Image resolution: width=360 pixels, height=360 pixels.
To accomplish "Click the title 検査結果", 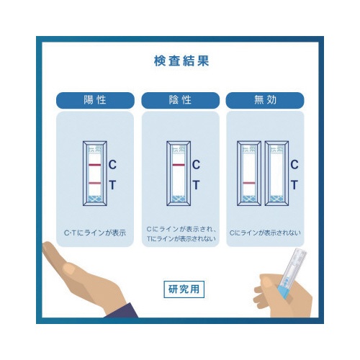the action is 181,60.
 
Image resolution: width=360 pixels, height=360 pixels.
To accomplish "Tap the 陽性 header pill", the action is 95,100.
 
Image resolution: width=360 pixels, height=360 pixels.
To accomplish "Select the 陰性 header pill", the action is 180,100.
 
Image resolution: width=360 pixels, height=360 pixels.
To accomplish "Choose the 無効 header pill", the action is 265,100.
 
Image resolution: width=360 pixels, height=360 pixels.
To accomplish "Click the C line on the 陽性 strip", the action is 95,165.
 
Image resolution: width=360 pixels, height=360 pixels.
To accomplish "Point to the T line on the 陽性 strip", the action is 95,183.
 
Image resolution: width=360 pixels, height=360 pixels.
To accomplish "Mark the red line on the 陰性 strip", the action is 179,165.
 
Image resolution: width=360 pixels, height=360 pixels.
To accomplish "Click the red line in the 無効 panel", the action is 249,183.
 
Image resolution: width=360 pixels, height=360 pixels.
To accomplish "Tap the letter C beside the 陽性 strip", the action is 112,165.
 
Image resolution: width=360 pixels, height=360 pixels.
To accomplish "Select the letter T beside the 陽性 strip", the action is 112,185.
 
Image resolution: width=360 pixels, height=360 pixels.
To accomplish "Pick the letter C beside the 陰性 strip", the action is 196,165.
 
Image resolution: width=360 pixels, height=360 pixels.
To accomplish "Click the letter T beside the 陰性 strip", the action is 196,185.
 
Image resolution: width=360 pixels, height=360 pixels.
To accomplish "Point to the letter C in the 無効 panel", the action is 294,165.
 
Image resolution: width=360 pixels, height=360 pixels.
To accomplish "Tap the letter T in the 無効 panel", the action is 294,185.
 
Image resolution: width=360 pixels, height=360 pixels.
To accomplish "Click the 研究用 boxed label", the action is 184,289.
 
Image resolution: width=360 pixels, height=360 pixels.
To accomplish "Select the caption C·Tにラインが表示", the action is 95,233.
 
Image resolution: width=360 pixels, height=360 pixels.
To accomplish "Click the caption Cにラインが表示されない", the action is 265,233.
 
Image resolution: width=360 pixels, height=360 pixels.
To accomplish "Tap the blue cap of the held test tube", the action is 286,290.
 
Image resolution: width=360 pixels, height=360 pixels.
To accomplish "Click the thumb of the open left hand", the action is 68,268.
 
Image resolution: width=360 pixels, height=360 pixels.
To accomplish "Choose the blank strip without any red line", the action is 276,174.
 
